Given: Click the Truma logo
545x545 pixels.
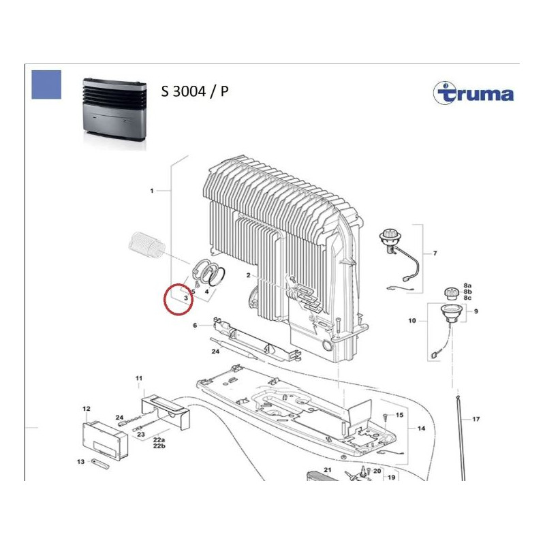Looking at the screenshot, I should pos(474,93).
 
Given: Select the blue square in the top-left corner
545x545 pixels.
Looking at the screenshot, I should pos(46,84).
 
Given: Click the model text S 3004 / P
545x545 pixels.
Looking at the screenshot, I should pos(195,92).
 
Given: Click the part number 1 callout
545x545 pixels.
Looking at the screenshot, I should pos(151,191).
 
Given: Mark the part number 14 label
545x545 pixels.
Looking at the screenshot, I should pos(421,429).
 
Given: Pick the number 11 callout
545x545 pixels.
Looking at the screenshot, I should pos(138,378).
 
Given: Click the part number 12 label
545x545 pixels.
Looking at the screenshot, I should pos(87,409).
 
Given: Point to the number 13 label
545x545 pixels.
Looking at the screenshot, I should pos(80,461).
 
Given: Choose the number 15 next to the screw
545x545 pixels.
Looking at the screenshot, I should pos(400,414).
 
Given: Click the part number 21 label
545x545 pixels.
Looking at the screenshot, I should pos(327,470).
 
